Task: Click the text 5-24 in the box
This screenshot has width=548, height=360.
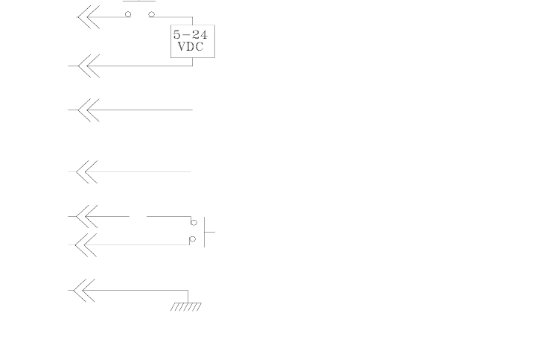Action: click(x=191, y=35)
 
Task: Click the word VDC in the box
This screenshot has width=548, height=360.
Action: click(x=191, y=47)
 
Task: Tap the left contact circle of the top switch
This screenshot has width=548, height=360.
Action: click(x=128, y=14)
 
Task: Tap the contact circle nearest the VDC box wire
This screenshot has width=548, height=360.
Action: click(x=151, y=14)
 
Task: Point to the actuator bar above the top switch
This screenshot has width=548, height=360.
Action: click(x=139, y=1)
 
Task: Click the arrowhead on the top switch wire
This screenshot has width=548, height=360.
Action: click(x=89, y=17)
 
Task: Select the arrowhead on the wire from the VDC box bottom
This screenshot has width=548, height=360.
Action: click(x=89, y=66)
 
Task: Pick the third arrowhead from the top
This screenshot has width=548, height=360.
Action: click(x=89, y=110)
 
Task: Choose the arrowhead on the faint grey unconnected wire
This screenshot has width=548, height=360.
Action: click(x=87, y=171)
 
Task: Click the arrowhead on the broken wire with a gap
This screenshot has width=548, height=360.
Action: click(x=88, y=217)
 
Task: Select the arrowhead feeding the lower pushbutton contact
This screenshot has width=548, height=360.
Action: click(x=88, y=244)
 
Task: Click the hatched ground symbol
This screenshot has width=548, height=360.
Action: click(x=186, y=306)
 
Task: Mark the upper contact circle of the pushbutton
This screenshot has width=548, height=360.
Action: click(x=194, y=222)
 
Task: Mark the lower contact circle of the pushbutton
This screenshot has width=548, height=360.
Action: click(x=192, y=239)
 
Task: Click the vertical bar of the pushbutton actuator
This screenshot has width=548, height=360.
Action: click(x=204, y=232)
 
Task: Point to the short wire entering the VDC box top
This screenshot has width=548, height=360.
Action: click(x=192, y=21)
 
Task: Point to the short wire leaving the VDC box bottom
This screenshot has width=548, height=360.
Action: click(x=192, y=61)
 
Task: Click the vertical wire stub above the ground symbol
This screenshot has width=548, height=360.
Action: click(x=188, y=296)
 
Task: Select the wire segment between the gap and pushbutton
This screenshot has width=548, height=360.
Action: click(x=168, y=217)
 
